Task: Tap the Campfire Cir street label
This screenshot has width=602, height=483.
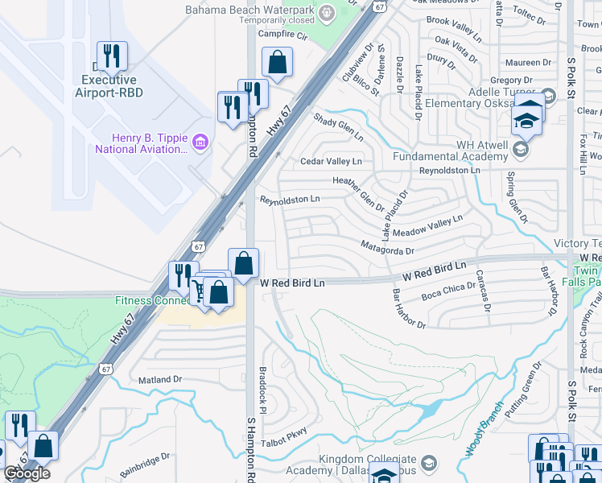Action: (x=282, y=35)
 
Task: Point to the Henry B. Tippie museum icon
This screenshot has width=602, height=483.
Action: (x=200, y=142)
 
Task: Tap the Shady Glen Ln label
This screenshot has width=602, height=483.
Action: (x=338, y=126)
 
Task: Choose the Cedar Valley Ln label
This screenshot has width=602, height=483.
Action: (x=330, y=162)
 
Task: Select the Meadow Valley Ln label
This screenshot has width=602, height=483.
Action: (x=427, y=228)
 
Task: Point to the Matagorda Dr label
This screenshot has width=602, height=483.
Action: (x=387, y=248)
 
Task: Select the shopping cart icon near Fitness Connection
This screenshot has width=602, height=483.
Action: (x=198, y=291)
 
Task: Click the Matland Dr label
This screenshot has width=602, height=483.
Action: (x=161, y=379)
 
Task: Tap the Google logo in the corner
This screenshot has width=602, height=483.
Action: (x=27, y=473)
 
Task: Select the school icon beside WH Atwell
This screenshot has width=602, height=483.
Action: (x=521, y=149)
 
